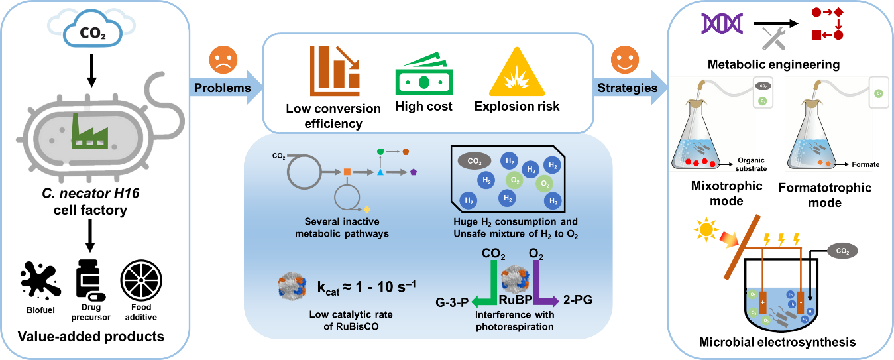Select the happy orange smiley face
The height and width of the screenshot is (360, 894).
point(624,60)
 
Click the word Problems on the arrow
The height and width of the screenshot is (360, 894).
point(222,88)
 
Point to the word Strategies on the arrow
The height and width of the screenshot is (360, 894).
point(627,88)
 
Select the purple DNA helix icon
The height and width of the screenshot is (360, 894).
point(722,24)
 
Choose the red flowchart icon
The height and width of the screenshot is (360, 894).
point(828,24)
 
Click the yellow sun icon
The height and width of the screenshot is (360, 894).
point(706,231)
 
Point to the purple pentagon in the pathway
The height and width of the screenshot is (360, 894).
point(414,172)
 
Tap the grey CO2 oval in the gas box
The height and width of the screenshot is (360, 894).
point(475,160)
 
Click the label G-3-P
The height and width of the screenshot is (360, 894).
point(452,302)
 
